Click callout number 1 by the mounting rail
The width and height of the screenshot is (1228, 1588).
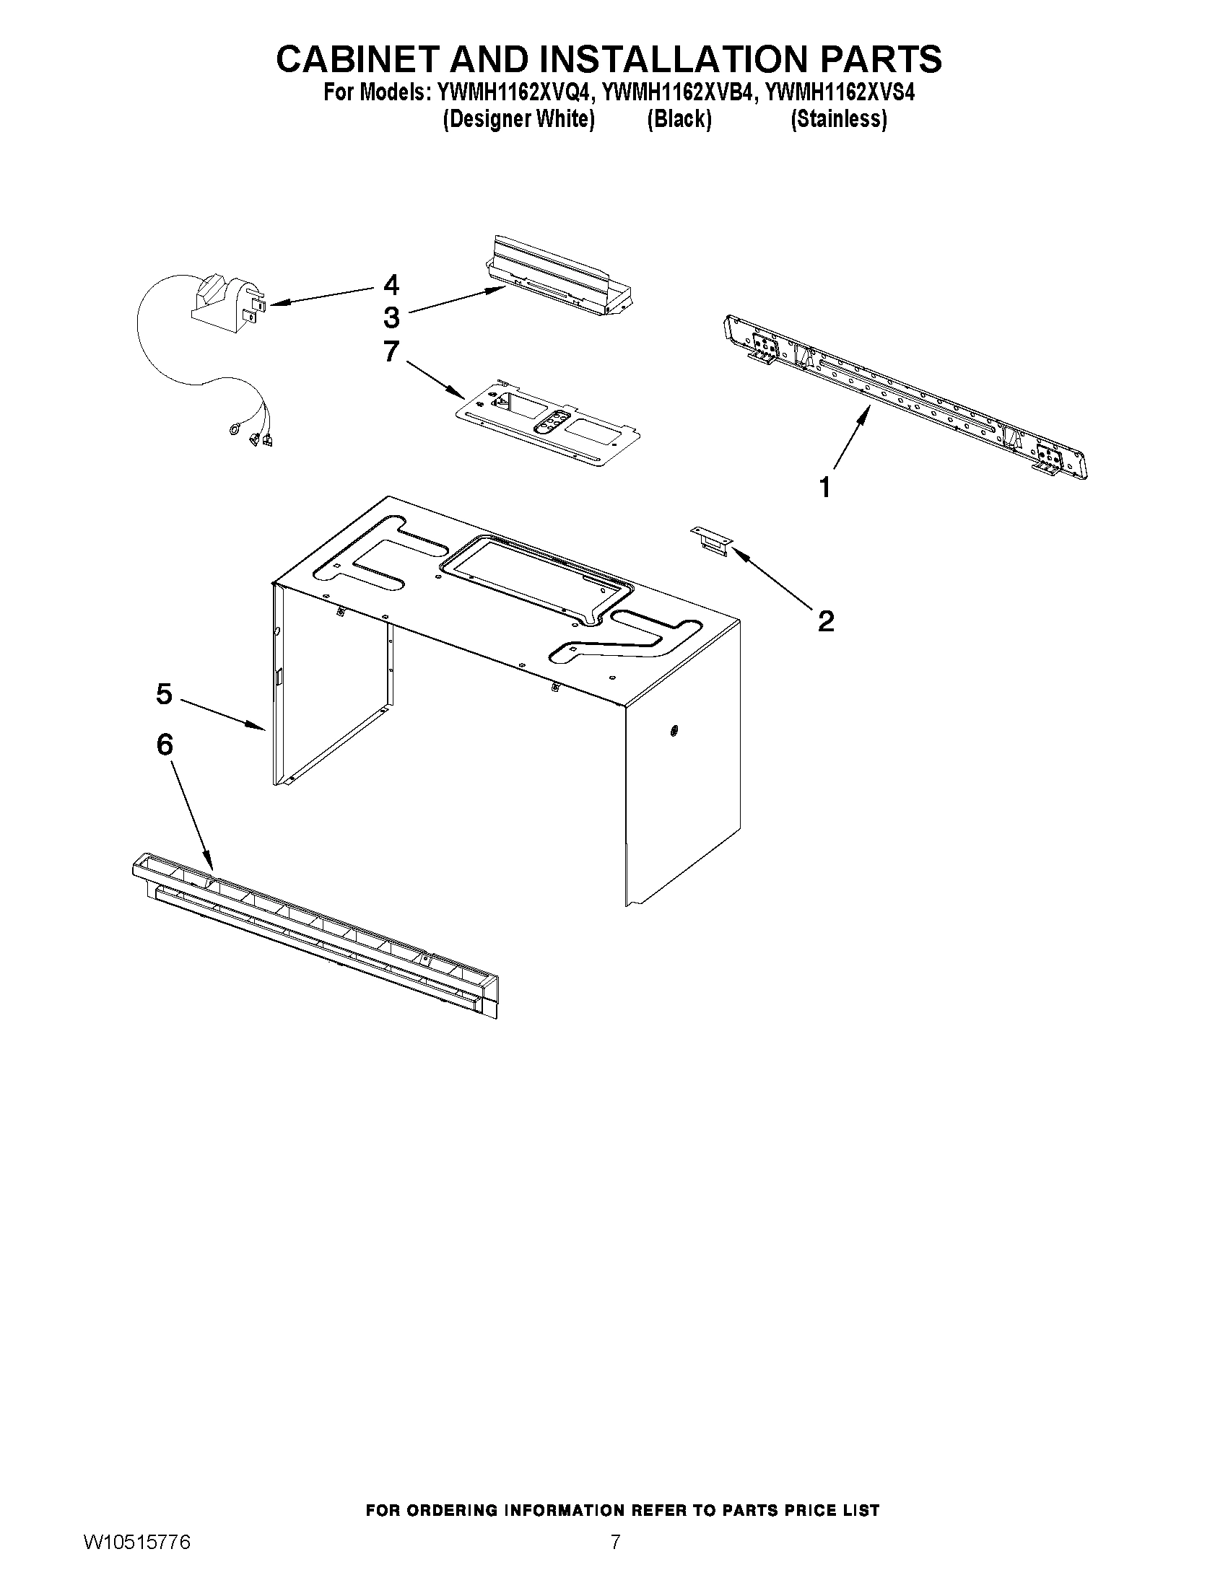(824, 487)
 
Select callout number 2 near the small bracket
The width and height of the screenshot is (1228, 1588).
(826, 622)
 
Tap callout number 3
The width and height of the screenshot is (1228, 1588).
(391, 317)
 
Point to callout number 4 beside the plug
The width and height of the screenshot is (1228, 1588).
(391, 285)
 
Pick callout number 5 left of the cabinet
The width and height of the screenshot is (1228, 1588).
(165, 694)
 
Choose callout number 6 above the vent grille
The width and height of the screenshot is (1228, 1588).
(165, 745)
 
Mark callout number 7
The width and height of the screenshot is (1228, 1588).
(391, 352)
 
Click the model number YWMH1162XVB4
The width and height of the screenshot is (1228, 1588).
(680, 94)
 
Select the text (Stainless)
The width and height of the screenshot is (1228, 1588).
(838, 119)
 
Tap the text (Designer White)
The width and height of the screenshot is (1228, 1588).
(518, 119)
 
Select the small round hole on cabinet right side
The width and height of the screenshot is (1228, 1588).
(674, 729)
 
